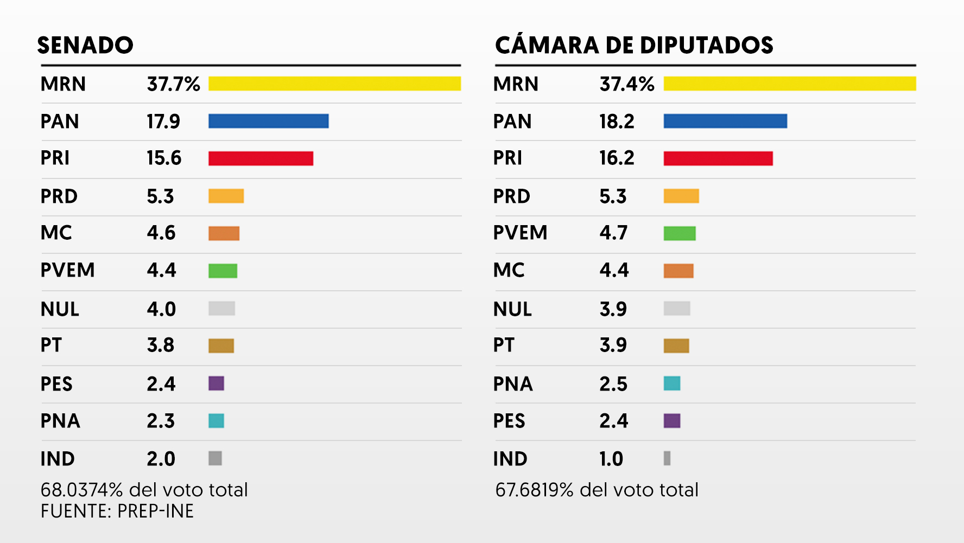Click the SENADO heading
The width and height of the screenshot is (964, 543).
click(x=85, y=45)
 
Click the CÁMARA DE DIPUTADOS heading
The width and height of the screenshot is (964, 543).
click(x=634, y=45)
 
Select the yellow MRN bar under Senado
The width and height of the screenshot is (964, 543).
click(x=334, y=84)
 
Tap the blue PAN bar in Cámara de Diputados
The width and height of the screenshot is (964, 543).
click(x=725, y=121)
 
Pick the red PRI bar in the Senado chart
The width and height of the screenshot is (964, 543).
click(x=261, y=158)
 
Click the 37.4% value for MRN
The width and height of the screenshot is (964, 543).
click(x=627, y=84)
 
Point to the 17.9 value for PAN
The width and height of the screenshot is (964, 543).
click(x=163, y=122)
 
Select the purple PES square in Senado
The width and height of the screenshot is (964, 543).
click(x=216, y=384)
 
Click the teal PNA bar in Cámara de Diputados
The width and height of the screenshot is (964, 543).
click(x=672, y=384)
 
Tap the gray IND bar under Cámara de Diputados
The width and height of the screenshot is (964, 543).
click(x=667, y=458)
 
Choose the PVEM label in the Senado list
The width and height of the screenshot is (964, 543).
click(x=68, y=270)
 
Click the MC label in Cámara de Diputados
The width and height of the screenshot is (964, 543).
click(x=509, y=270)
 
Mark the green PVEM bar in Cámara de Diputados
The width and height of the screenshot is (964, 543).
click(x=680, y=233)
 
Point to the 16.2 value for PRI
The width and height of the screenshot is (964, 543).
click(x=617, y=158)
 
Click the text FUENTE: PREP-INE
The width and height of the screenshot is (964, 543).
click(x=117, y=511)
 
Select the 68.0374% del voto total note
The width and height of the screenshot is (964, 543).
click(x=144, y=490)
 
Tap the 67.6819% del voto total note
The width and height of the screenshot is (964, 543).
click(x=597, y=490)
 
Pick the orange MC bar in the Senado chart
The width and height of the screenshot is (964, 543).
click(x=224, y=233)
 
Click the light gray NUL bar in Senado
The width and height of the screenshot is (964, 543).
click(x=221, y=308)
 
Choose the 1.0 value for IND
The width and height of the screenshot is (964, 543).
click(x=611, y=459)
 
